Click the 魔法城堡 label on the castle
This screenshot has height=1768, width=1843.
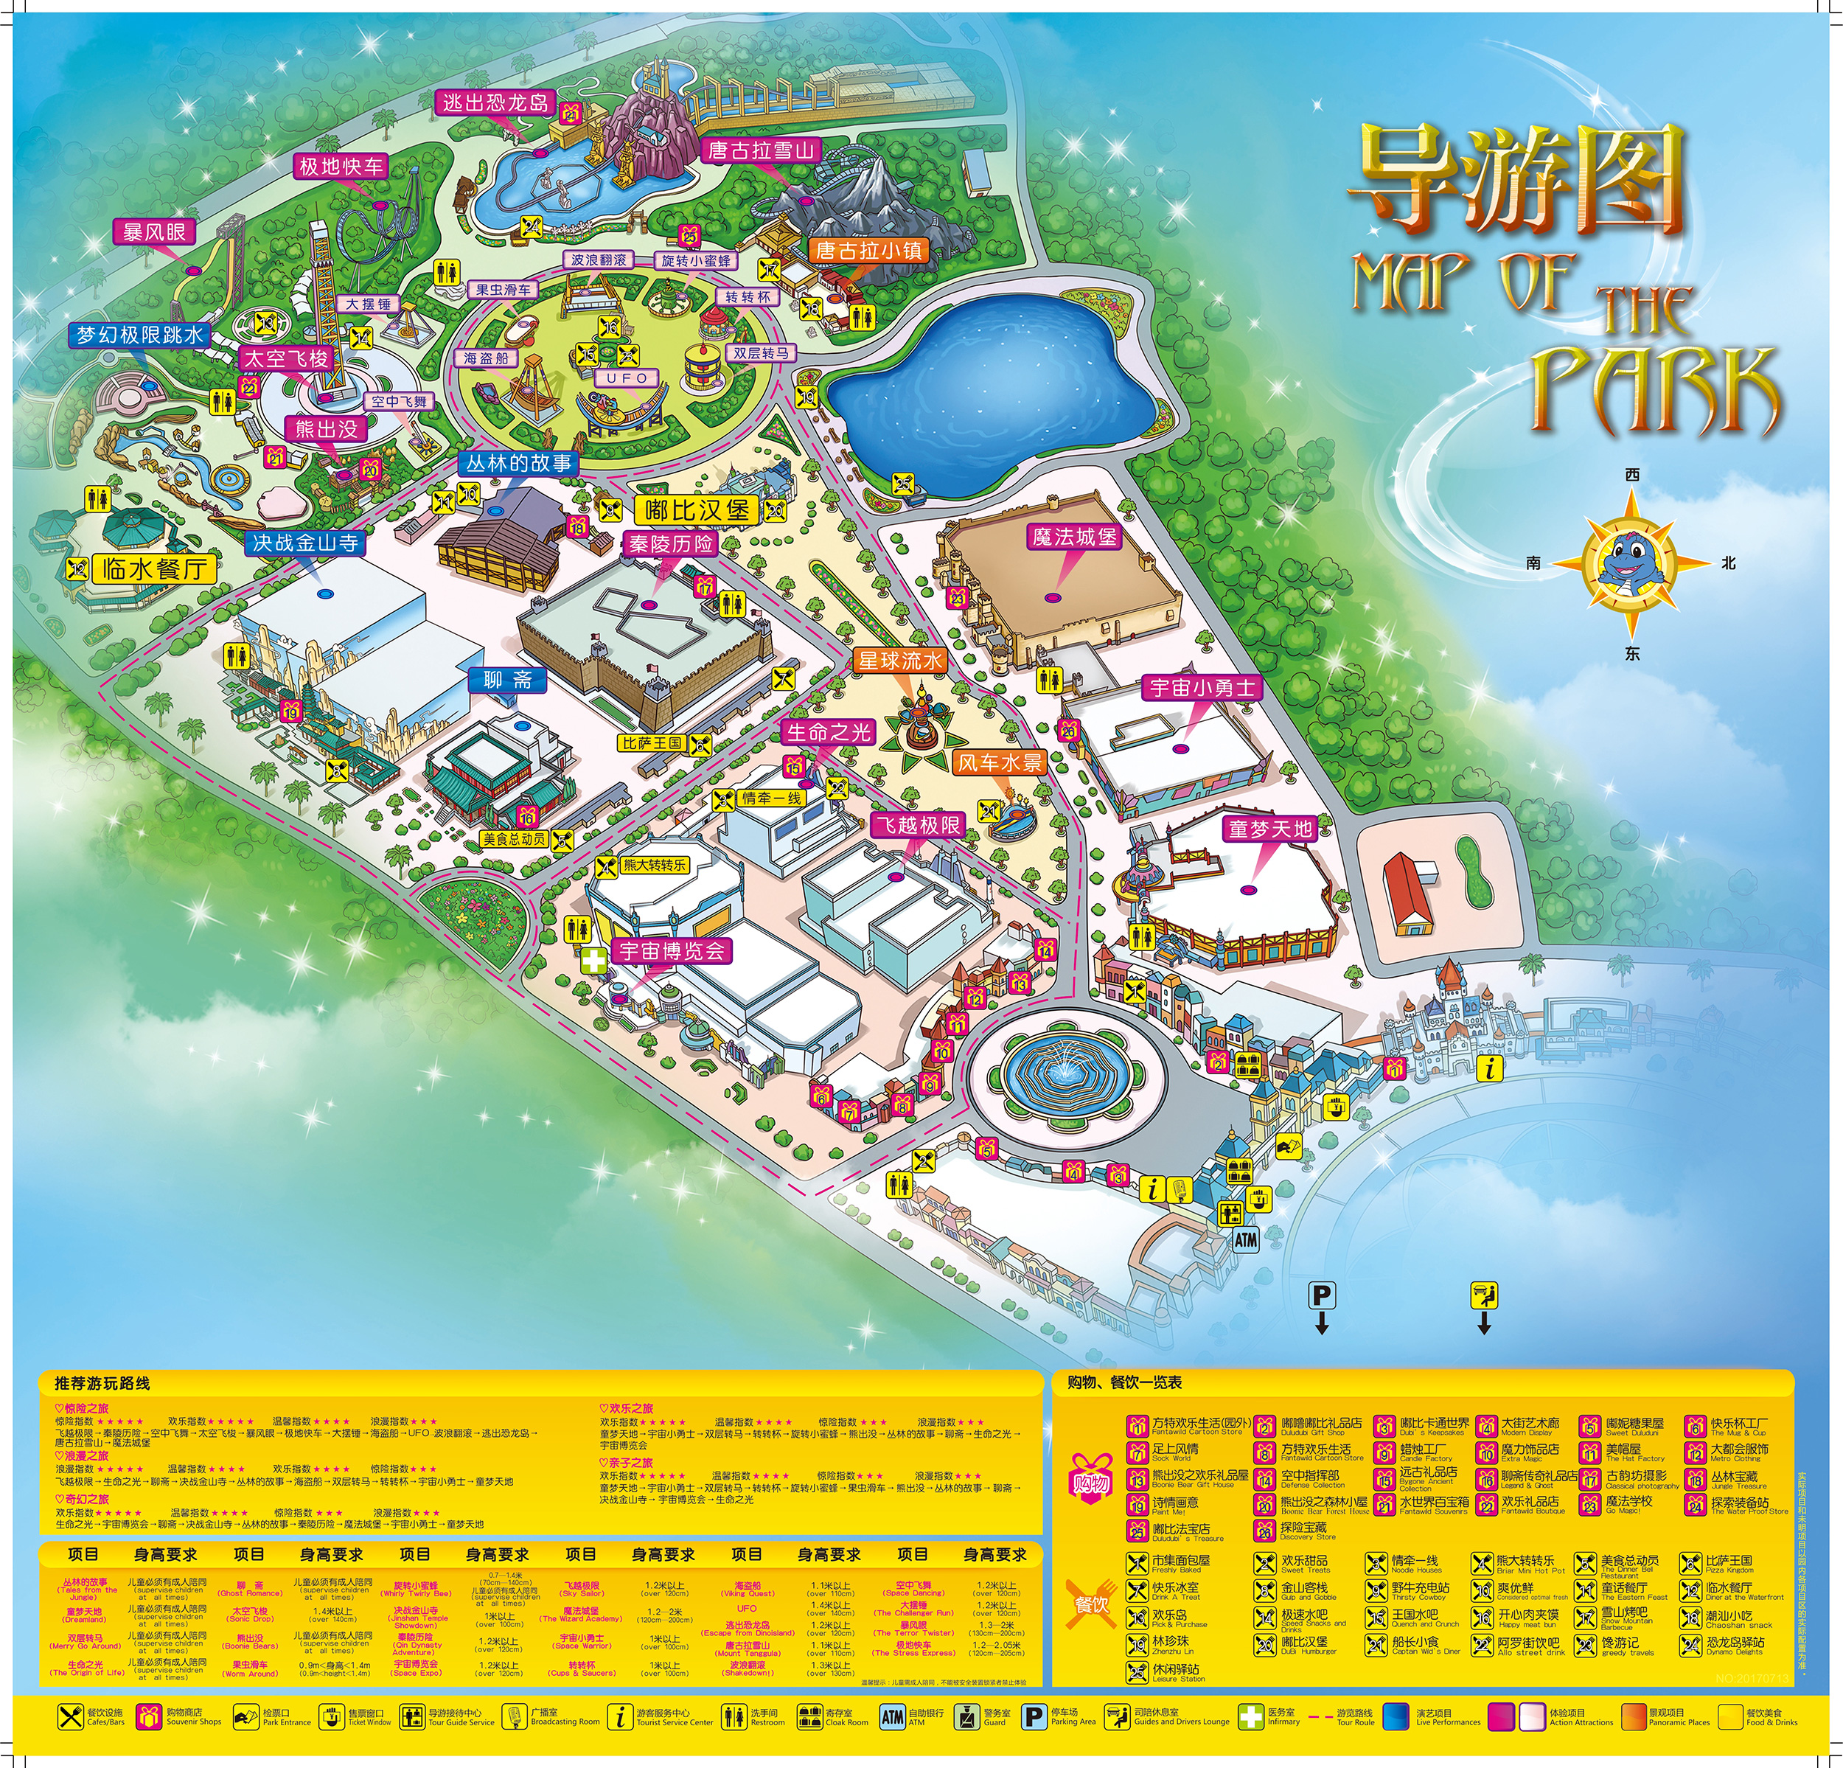[x=1074, y=537]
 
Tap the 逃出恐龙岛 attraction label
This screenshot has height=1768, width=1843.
[x=495, y=102]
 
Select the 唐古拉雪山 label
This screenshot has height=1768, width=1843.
[x=761, y=150]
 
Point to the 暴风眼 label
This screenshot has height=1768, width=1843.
[x=154, y=232]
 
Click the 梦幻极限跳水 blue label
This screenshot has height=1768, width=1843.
[x=139, y=335]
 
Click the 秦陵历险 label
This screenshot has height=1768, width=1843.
[x=670, y=543]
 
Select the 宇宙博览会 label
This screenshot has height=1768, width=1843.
[x=672, y=951]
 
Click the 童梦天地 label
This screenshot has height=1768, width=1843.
[x=1270, y=829]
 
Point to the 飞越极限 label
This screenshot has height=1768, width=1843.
[x=918, y=826]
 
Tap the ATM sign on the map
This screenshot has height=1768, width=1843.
[x=1245, y=1239]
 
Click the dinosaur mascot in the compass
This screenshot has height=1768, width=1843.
[x=1631, y=563]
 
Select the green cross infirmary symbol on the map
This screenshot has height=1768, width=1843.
[x=593, y=960]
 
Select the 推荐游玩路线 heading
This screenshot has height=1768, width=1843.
[x=102, y=1383]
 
